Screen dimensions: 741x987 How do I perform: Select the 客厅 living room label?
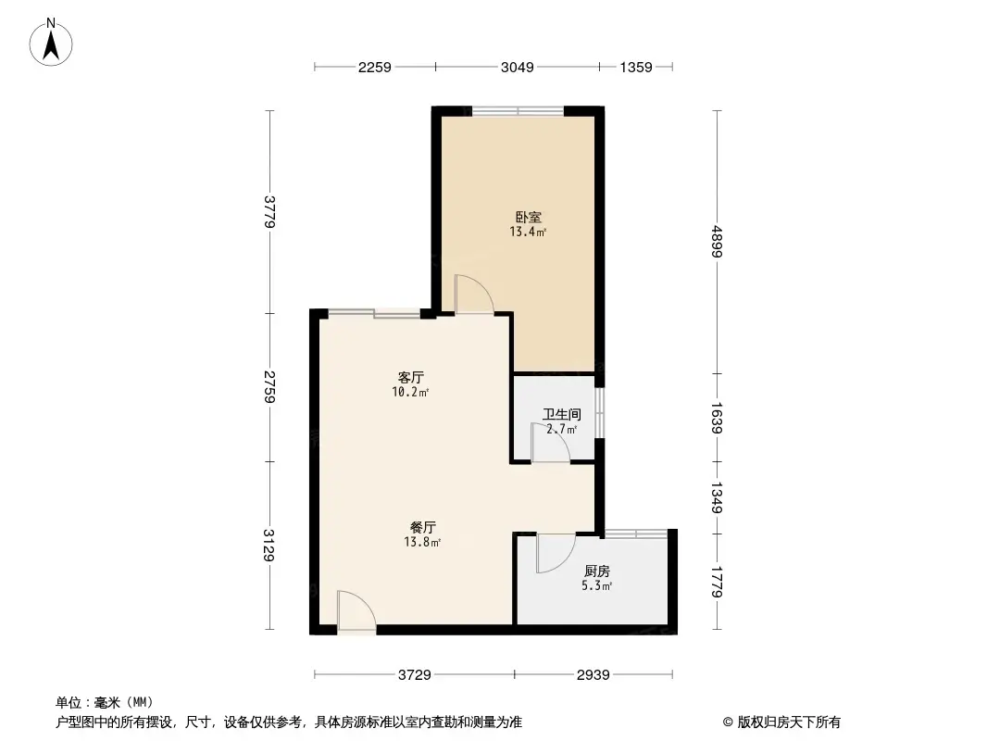click(411, 378)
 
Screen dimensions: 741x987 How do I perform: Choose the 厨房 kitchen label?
click(597, 571)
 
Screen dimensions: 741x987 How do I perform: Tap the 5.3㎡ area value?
click(597, 586)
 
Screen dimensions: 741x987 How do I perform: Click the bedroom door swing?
click(473, 295)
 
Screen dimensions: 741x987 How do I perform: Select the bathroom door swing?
click(549, 443)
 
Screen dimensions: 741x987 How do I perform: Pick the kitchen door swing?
click(555, 553)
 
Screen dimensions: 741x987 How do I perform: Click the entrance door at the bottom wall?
click(356, 613)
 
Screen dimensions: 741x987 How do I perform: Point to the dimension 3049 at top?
click(517, 67)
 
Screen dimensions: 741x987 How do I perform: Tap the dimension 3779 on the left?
click(269, 211)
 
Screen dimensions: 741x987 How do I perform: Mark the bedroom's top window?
click(518, 111)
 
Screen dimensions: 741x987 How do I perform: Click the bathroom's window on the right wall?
click(600, 412)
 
